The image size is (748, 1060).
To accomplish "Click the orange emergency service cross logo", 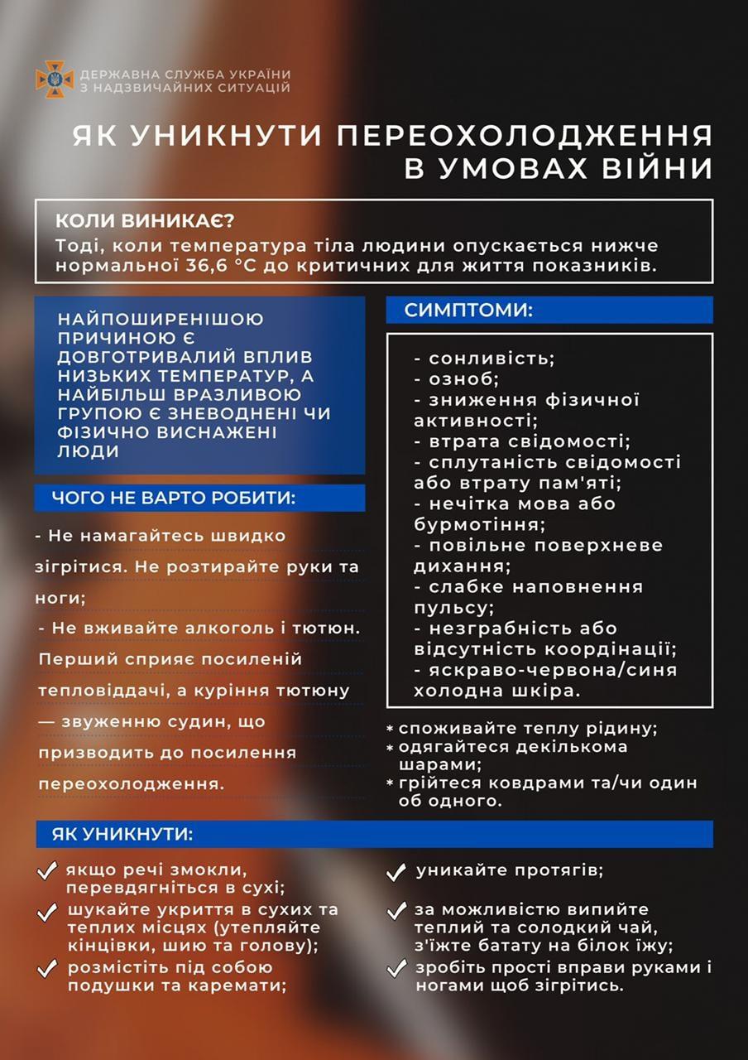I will point(55,79).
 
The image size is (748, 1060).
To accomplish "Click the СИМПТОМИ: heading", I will point(468,310).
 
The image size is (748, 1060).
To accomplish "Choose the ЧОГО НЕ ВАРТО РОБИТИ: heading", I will point(173,497).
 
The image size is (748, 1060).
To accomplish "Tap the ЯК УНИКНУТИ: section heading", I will point(122,834).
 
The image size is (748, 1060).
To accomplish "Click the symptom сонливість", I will point(491,359).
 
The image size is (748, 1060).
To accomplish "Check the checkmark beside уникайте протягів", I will point(397,872).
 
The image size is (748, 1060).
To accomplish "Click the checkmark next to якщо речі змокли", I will point(48,872).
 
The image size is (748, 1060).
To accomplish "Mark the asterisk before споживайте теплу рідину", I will point(390,729).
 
